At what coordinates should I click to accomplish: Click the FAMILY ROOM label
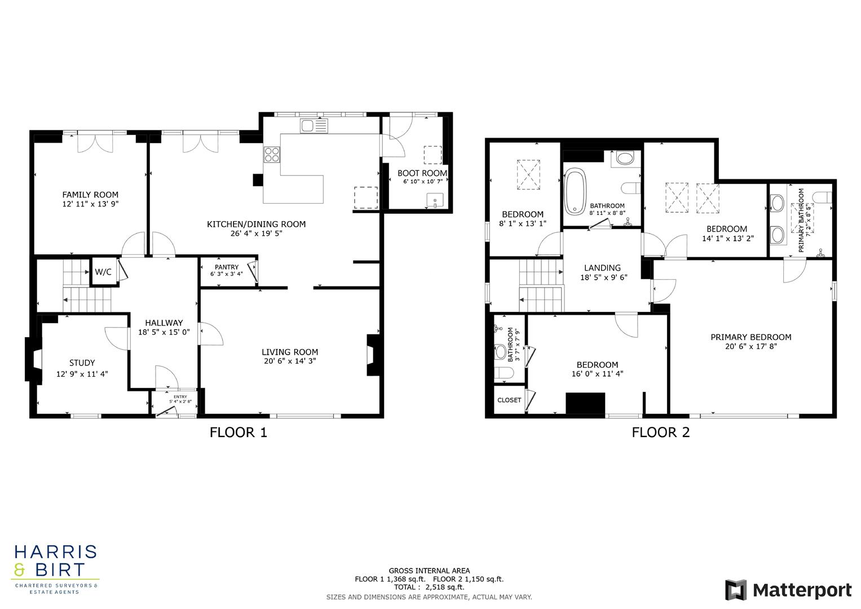pyautogui.click(x=90, y=195)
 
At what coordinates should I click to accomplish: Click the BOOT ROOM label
pyautogui.click(x=422, y=173)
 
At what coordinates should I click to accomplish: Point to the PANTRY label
pyautogui.click(x=226, y=267)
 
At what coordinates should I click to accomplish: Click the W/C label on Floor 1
pyautogui.click(x=103, y=272)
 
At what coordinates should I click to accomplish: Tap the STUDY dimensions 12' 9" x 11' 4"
pyautogui.click(x=82, y=373)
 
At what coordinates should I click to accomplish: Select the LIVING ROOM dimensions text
pyautogui.click(x=290, y=361)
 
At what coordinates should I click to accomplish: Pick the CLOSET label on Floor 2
pyautogui.click(x=509, y=400)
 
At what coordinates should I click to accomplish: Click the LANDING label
pyautogui.click(x=602, y=268)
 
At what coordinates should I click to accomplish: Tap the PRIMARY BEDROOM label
pyautogui.click(x=750, y=337)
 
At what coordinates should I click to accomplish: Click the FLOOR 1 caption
pyautogui.click(x=238, y=433)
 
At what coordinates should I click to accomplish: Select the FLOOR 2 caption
pyautogui.click(x=660, y=433)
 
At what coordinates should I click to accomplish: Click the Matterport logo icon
pyautogui.click(x=736, y=590)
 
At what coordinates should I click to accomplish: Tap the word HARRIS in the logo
pyautogui.click(x=55, y=551)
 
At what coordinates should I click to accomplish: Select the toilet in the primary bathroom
pyautogui.click(x=823, y=197)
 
